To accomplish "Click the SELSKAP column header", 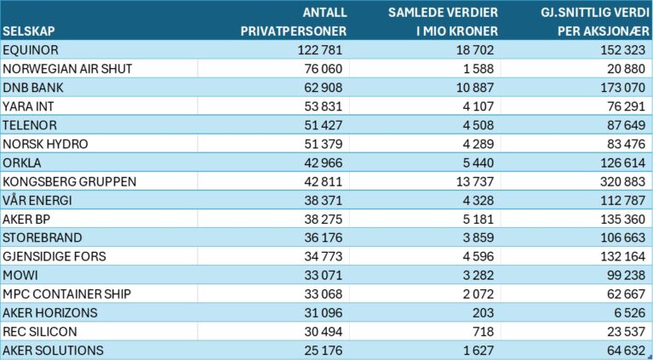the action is point(29,31).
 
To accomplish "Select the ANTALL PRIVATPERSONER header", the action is point(294,21).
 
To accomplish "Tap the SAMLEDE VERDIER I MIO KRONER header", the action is point(443,21).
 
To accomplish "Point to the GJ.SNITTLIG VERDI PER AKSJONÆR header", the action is point(595,21).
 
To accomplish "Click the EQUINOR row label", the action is point(31,50).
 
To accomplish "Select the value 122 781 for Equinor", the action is point(320,50).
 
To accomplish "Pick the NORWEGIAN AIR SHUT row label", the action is point(67,69).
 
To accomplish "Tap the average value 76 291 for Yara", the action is point(626,106).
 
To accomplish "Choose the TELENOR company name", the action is point(30,125).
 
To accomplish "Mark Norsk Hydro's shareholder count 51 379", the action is point(324,144).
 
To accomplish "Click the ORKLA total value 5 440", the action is point(478,163).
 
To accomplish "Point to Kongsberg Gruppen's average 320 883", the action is point(622,181).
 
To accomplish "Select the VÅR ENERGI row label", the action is point(37,200).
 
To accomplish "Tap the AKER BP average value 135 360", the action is point(622,219).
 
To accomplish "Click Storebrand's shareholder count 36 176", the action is point(324,237).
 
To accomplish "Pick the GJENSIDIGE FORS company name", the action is point(54,256).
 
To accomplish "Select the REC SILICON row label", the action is point(39,332).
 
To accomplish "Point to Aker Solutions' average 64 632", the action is point(626,351).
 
